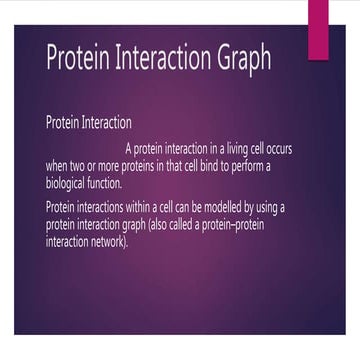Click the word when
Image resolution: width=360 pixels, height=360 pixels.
coord(56,166)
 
